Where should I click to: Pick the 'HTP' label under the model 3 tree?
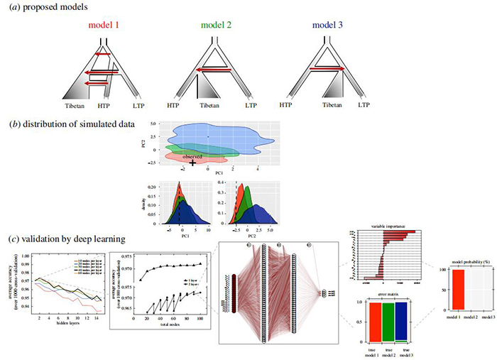tap(285, 104)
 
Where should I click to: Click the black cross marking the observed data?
tap(192, 163)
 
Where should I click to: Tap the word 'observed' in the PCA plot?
tap(192, 156)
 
